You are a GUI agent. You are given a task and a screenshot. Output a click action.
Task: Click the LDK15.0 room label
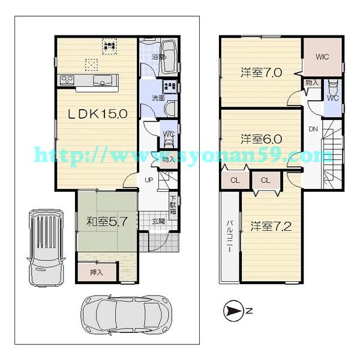(x=97, y=115)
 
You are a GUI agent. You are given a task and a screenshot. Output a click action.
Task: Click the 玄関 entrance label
(x=158, y=222)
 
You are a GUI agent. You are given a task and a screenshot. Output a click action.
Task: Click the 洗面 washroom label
(x=158, y=98)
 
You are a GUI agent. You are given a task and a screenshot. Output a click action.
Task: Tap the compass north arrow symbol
(x=232, y=310)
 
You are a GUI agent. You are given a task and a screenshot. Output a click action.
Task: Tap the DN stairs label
(x=313, y=130)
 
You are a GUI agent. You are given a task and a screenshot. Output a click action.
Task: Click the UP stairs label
(x=148, y=179)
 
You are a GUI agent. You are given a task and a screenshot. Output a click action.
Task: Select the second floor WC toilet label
(x=332, y=97)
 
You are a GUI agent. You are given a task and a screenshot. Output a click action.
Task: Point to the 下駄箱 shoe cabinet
(x=173, y=204)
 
